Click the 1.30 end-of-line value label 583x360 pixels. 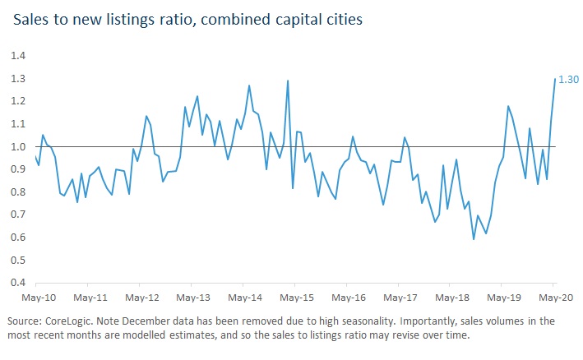tap(568, 79)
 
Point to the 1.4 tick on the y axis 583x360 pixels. tap(18, 56)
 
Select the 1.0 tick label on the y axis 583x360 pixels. tap(18, 146)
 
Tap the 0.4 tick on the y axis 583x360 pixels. tap(18, 283)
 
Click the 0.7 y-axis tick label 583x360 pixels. tap(18, 215)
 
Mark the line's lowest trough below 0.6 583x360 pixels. tap(474, 239)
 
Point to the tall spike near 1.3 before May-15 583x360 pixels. tap(288, 81)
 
